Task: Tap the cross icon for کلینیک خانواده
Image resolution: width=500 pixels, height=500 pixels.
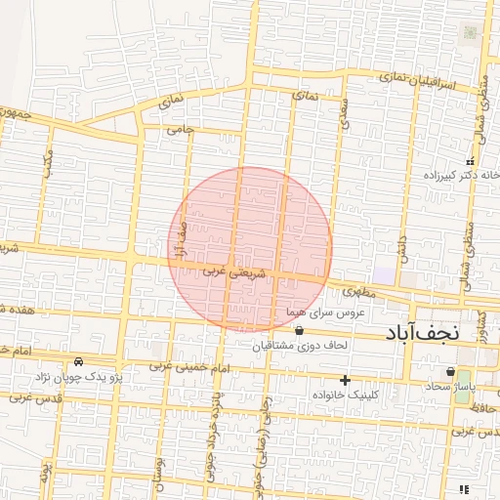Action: (x=344, y=379)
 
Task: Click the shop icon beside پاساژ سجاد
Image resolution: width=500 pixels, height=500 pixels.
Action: (x=449, y=372)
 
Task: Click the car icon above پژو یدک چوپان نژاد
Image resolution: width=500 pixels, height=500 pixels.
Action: (x=93, y=362)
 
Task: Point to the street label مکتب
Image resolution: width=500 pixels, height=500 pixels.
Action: (x=47, y=163)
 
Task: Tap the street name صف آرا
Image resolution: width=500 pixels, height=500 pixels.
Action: (x=180, y=240)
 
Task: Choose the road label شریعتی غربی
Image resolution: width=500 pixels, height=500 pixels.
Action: (x=228, y=273)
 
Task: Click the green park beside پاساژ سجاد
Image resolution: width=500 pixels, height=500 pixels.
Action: (x=462, y=385)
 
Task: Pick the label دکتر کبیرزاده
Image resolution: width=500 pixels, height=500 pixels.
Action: (x=448, y=177)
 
